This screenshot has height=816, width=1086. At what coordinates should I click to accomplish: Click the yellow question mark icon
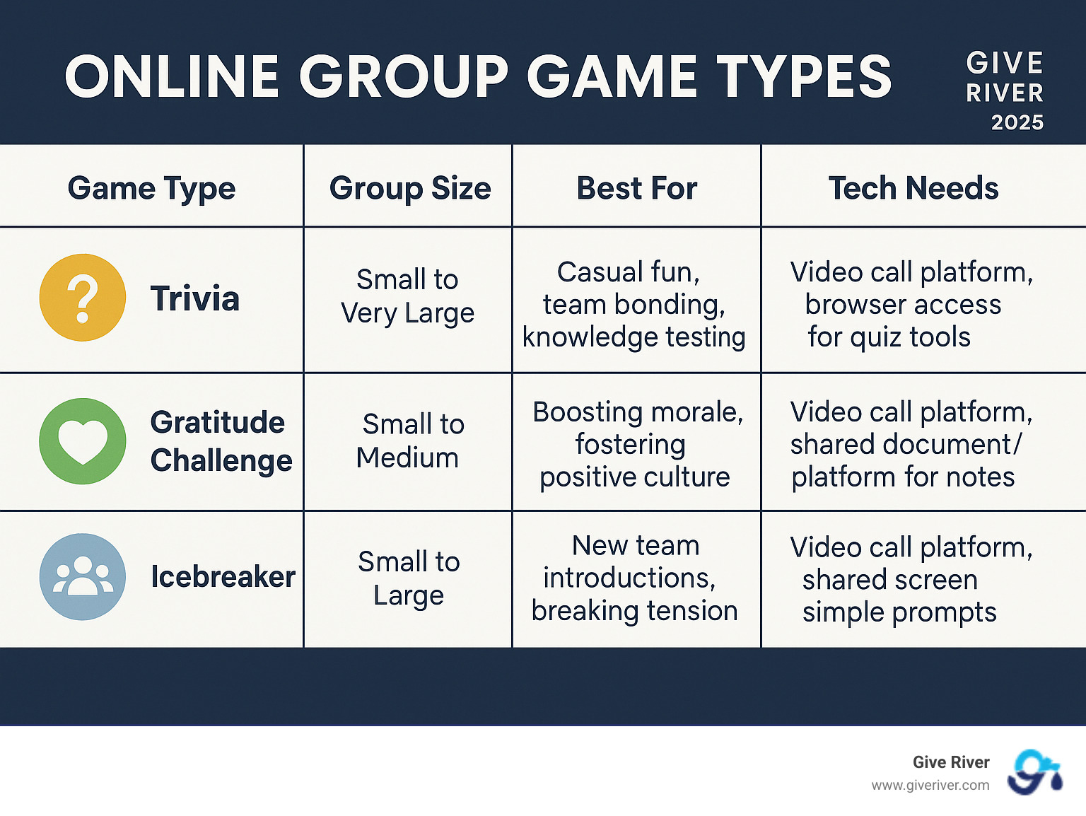[83, 298]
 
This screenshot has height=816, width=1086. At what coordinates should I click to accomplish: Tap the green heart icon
[83, 441]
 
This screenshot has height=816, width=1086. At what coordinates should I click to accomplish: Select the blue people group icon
[83, 577]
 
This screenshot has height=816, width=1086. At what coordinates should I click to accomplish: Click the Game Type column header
[151, 189]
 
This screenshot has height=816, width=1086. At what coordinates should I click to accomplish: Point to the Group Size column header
[409, 189]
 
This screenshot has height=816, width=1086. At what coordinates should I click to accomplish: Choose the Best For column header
[636, 189]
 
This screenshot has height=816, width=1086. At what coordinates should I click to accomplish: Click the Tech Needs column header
[913, 189]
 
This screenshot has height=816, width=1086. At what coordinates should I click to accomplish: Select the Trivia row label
[195, 298]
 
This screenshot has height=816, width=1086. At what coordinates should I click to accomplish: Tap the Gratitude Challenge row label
[221, 441]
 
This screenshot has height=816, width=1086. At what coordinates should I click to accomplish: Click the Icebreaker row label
[223, 577]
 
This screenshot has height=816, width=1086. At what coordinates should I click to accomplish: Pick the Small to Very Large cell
[407, 296]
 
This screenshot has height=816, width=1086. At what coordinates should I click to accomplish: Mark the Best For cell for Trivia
[634, 304]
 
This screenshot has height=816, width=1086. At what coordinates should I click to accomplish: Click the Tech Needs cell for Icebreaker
[910, 579]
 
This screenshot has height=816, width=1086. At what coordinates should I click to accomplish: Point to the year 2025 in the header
[1017, 122]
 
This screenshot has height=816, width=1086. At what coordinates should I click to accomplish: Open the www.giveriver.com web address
[930, 786]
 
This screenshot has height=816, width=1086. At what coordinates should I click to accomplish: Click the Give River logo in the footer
[1034, 772]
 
